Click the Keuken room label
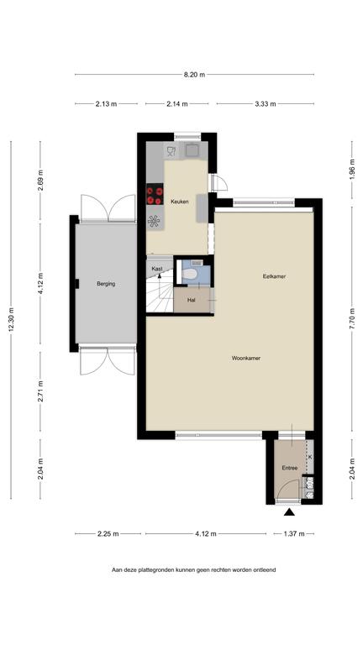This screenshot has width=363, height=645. coord(180,202)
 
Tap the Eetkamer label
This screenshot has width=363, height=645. coord(274,276)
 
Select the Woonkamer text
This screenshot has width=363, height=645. coord(246,358)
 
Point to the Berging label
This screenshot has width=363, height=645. coord(106,283)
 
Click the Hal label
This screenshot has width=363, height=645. coord(191,301)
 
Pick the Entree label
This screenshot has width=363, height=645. coord(290,468)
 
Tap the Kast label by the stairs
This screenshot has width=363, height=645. coord(157,269)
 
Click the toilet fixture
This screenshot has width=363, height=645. coord(193,274)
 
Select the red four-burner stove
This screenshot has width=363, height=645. coord(155,194)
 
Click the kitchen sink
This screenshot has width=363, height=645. coord(192,150)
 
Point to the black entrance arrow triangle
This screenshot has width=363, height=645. coord(290,512)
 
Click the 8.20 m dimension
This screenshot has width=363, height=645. coord(194,75)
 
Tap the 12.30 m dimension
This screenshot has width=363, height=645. coord(11,319)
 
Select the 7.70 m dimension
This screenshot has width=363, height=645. coord(352,318)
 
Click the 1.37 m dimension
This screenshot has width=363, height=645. coord(294,534)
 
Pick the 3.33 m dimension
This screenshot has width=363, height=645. coord(265,104)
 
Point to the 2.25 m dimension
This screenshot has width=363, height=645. coord(108,534)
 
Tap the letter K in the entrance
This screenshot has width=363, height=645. coord(310,457)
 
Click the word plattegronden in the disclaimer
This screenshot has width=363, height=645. coord(149,570)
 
